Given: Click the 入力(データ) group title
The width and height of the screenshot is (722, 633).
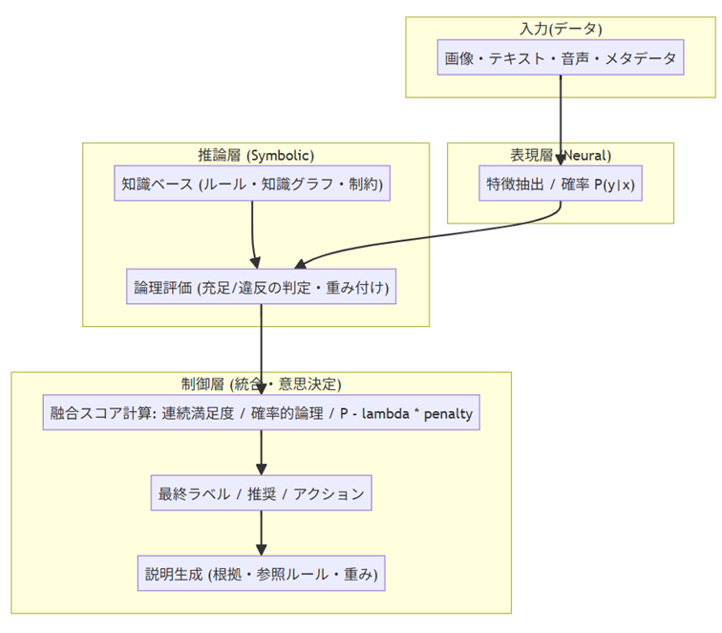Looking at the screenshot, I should point(561,28).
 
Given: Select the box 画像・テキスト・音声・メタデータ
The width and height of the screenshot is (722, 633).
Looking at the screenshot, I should point(561,58).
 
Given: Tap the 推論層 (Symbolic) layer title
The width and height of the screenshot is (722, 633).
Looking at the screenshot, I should point(255,155).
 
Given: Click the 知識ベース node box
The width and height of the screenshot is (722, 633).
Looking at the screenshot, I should point(252,184).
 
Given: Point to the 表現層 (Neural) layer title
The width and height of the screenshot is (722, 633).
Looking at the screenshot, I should point(561,155).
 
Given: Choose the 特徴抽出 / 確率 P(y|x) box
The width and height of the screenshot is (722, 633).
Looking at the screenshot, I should point(560,185).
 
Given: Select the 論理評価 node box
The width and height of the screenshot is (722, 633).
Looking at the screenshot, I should point(261,287).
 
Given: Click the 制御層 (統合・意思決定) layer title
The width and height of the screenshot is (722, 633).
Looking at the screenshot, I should point(262,384).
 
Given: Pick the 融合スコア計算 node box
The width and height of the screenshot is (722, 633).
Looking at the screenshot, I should point(262,414).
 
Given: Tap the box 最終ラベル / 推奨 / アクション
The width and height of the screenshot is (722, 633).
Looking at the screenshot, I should point(262,494).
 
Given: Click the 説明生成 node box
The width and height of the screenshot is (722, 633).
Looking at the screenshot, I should point(262,574).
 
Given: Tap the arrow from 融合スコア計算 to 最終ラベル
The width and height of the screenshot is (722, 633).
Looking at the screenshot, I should point(262,454).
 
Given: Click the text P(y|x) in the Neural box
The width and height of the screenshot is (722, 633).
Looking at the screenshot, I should point(614,185).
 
